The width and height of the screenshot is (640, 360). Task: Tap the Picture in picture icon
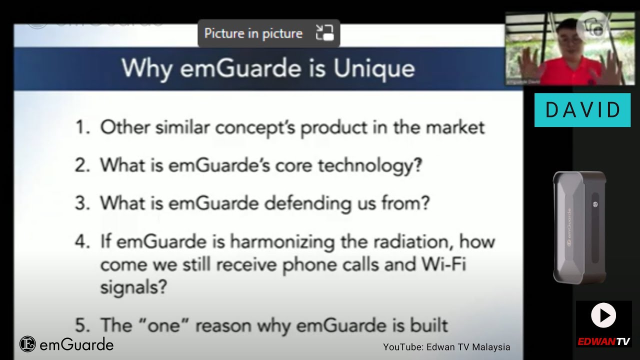point(324,33)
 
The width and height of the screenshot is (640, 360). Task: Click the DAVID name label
point(582,110)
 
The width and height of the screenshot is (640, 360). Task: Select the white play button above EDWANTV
point(603,315)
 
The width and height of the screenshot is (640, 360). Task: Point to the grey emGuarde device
point(579,227)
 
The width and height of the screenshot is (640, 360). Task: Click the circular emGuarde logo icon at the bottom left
point(27,344)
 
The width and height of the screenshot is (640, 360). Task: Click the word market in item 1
point(455,127)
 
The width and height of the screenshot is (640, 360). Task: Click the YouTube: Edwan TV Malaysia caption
point(446,347)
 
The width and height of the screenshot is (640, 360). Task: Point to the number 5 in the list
point(81,325)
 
